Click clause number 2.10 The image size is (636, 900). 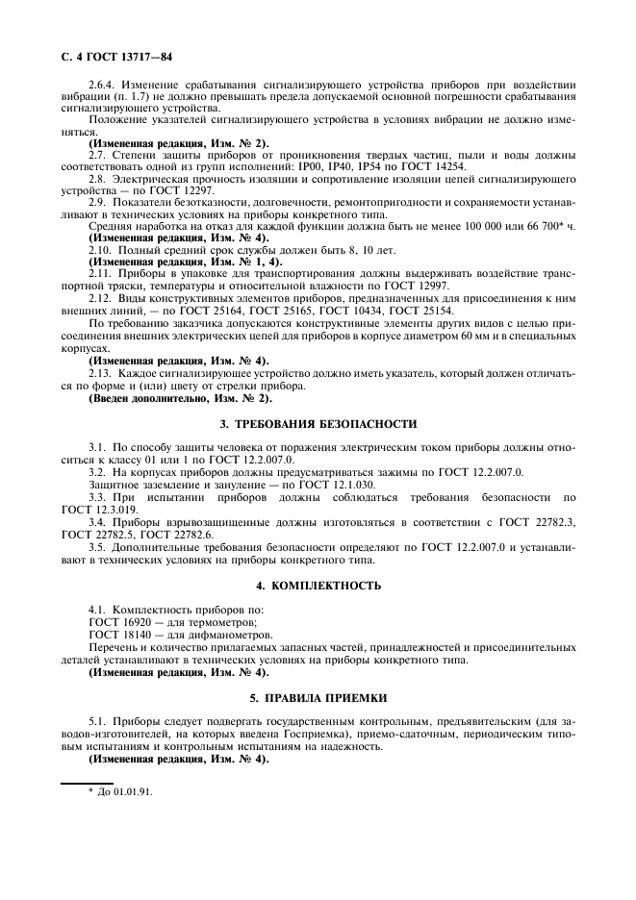click(x=102, y=249)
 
